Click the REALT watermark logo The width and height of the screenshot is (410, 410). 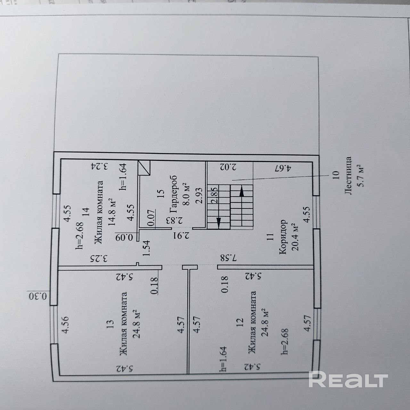348,380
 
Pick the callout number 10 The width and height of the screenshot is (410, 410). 335,175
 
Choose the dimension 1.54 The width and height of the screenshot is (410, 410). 147,248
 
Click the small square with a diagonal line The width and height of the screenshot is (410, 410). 144,168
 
